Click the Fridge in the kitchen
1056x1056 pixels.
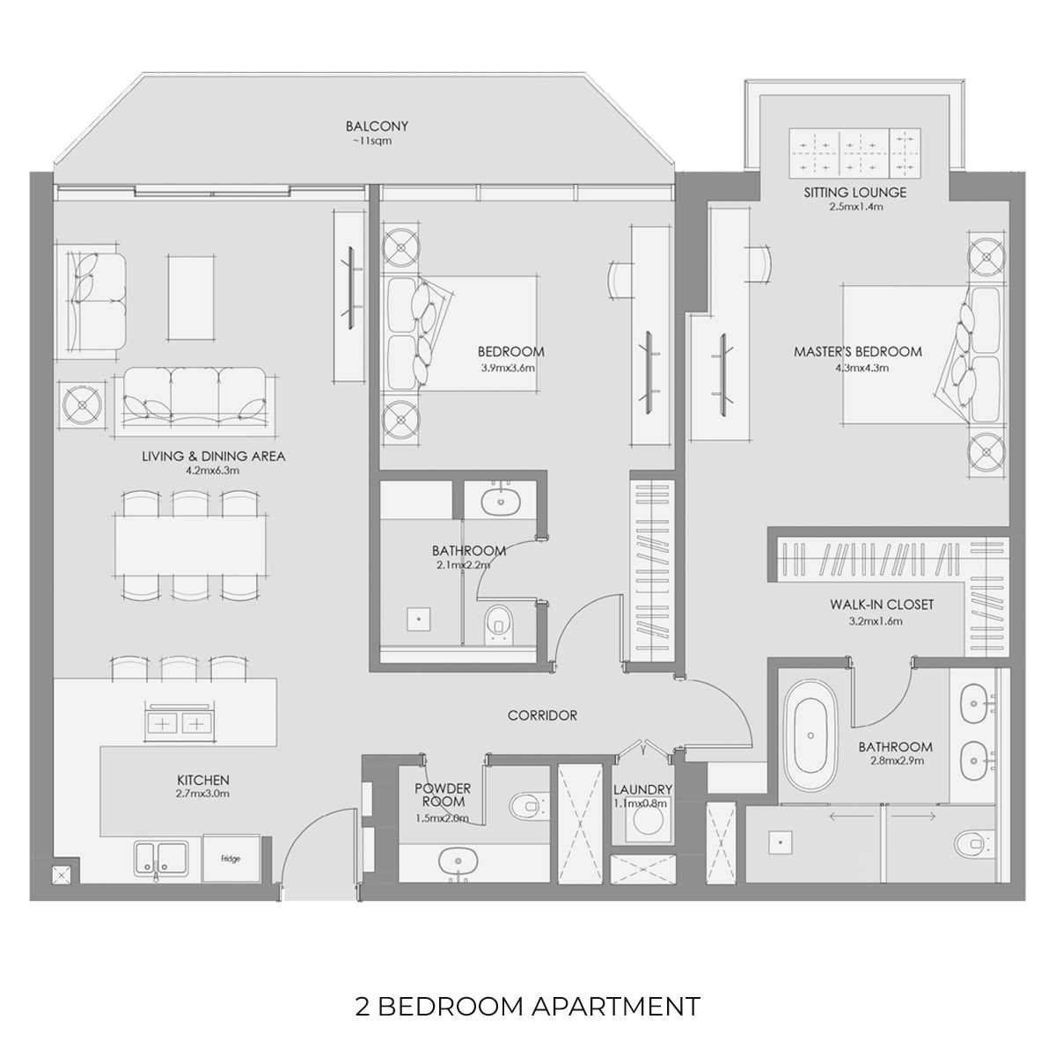click(231, 858)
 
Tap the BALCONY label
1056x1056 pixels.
click(377, 126)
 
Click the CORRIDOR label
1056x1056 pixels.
click(542, 715)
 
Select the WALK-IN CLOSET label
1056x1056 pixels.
click(881, 605)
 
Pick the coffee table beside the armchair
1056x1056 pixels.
click(191, 297)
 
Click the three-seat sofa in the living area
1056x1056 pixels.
click(195, 399)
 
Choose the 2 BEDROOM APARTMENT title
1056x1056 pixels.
click(528, 1006)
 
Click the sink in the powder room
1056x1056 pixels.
click(458, 862)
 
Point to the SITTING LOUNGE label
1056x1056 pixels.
click(854, 193)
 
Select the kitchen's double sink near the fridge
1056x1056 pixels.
click(161, 859)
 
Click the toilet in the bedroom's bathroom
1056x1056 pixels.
click(498, 624)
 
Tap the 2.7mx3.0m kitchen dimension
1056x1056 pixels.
click(202, 794)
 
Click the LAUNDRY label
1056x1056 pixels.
click(642, 789)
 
